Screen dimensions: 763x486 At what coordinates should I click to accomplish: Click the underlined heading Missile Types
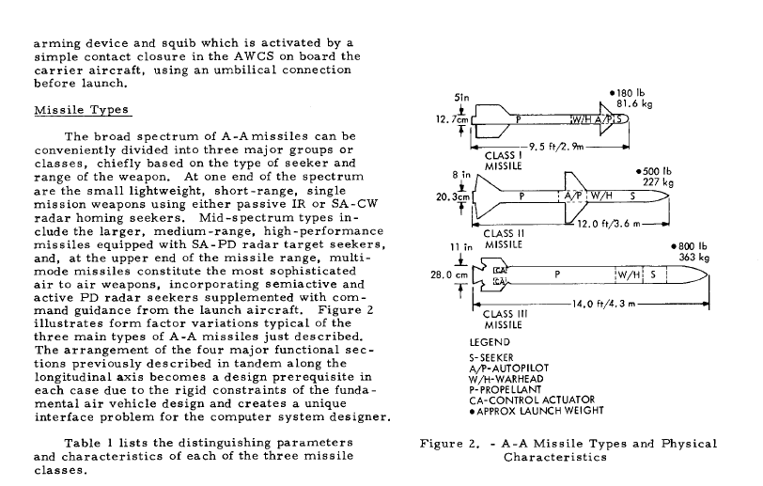(82, 110)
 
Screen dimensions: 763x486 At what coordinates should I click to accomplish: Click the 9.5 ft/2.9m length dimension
(555, 146)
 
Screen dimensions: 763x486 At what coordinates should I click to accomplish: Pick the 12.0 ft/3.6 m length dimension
(609, 224)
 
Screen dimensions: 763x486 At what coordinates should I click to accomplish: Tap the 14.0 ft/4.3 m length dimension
(603, 304)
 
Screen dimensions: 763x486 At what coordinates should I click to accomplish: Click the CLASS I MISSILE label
(503, 161)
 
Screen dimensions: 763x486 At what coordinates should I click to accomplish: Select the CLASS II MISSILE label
(504, 239)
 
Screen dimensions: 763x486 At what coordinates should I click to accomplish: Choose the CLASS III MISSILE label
(506, 320)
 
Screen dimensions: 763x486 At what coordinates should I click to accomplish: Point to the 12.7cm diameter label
(452, 119)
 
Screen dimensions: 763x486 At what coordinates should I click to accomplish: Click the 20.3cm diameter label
(453, 196)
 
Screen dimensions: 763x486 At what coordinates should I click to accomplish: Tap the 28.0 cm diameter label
(449, 275)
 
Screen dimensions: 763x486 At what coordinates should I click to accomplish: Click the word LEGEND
(490, 342)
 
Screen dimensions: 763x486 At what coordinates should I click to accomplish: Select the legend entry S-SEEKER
(491, 358)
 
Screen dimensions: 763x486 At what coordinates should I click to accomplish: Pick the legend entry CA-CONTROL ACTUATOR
(532, 400)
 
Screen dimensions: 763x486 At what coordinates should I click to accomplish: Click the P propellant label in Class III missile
(557, 274)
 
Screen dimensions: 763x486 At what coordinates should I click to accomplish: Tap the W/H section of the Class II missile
(601, 196)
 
